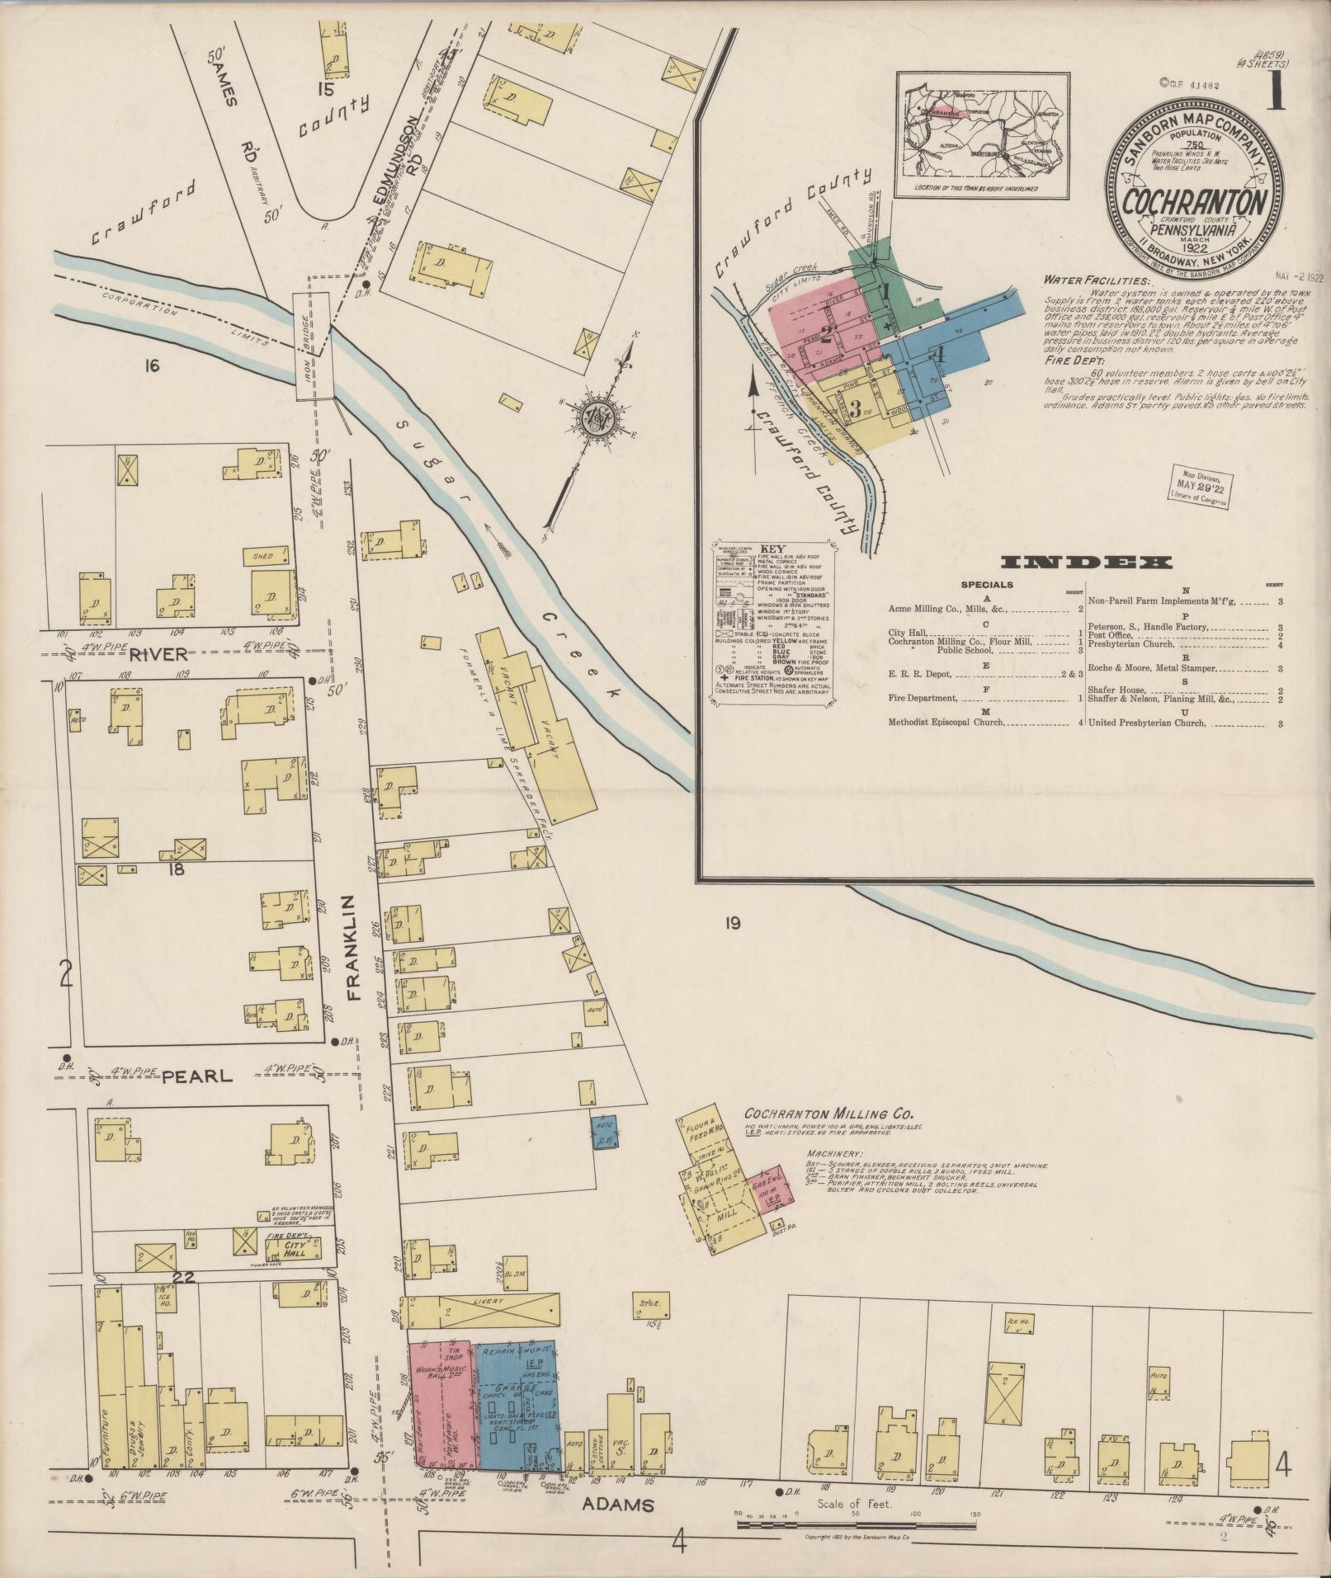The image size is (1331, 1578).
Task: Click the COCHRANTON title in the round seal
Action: click(x=1195, y=202)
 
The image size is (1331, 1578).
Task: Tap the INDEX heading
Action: click(x=1086, y=563)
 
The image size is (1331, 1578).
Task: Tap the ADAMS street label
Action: click(x=617, y=1505)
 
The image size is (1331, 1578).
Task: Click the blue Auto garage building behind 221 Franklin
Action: click(x=605, y=1131)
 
